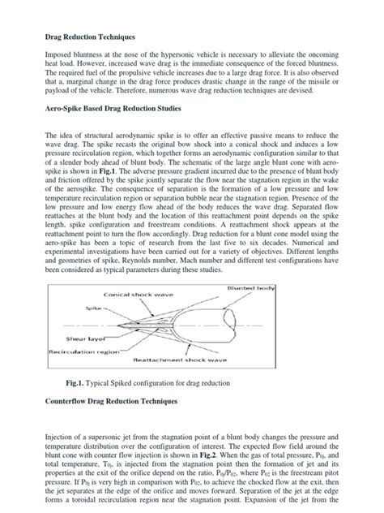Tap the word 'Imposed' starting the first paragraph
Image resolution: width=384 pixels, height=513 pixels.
tap(59, 57)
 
